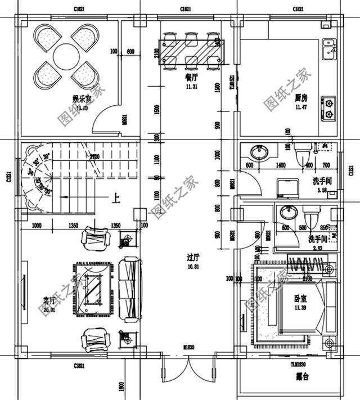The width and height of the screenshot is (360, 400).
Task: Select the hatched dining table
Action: pyautogui.click(x=192, y=52)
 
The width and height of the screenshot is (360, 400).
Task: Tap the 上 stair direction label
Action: pyautogui.click(x=116, y=198)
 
